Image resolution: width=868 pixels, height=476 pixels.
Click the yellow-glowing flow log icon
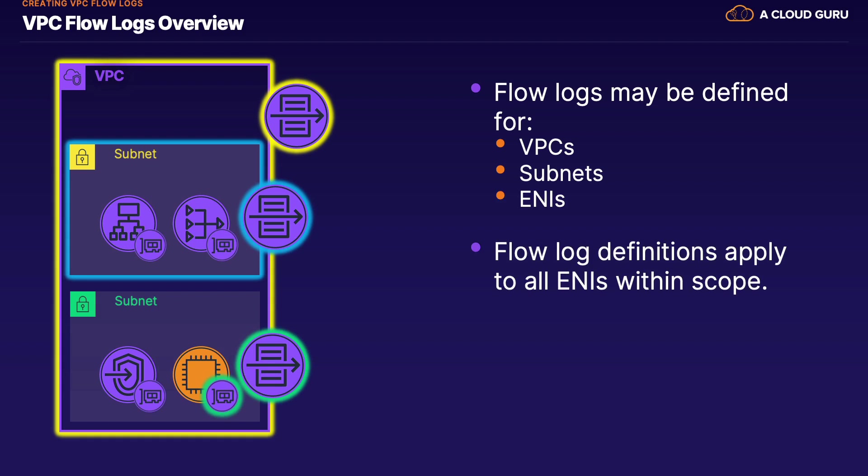(297, 116)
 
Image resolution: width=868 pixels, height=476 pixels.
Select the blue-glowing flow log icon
(275, 217)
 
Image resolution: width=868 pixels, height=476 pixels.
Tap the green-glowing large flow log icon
(273, 365)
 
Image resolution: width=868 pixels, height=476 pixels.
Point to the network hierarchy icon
(128, 223)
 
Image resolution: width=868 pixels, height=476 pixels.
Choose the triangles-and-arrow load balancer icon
(201, 223)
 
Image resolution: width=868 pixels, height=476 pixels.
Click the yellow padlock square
(82, 157)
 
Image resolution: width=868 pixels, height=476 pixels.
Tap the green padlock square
(83, 304)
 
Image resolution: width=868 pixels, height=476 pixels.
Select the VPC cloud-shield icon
(73, 77)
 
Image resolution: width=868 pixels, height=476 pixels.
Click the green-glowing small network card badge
(222, 396)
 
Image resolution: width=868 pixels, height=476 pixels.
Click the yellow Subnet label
(135, 154)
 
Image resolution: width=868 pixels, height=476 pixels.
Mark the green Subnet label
(136, 301)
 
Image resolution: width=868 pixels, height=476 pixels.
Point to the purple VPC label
(109, 76)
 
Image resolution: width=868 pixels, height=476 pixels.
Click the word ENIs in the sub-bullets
(542, 199)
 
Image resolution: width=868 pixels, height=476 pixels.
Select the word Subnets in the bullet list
(561, 173)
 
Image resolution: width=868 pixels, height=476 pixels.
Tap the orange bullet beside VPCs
(500, 143)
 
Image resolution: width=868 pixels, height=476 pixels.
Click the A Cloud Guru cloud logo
(740, 14)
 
